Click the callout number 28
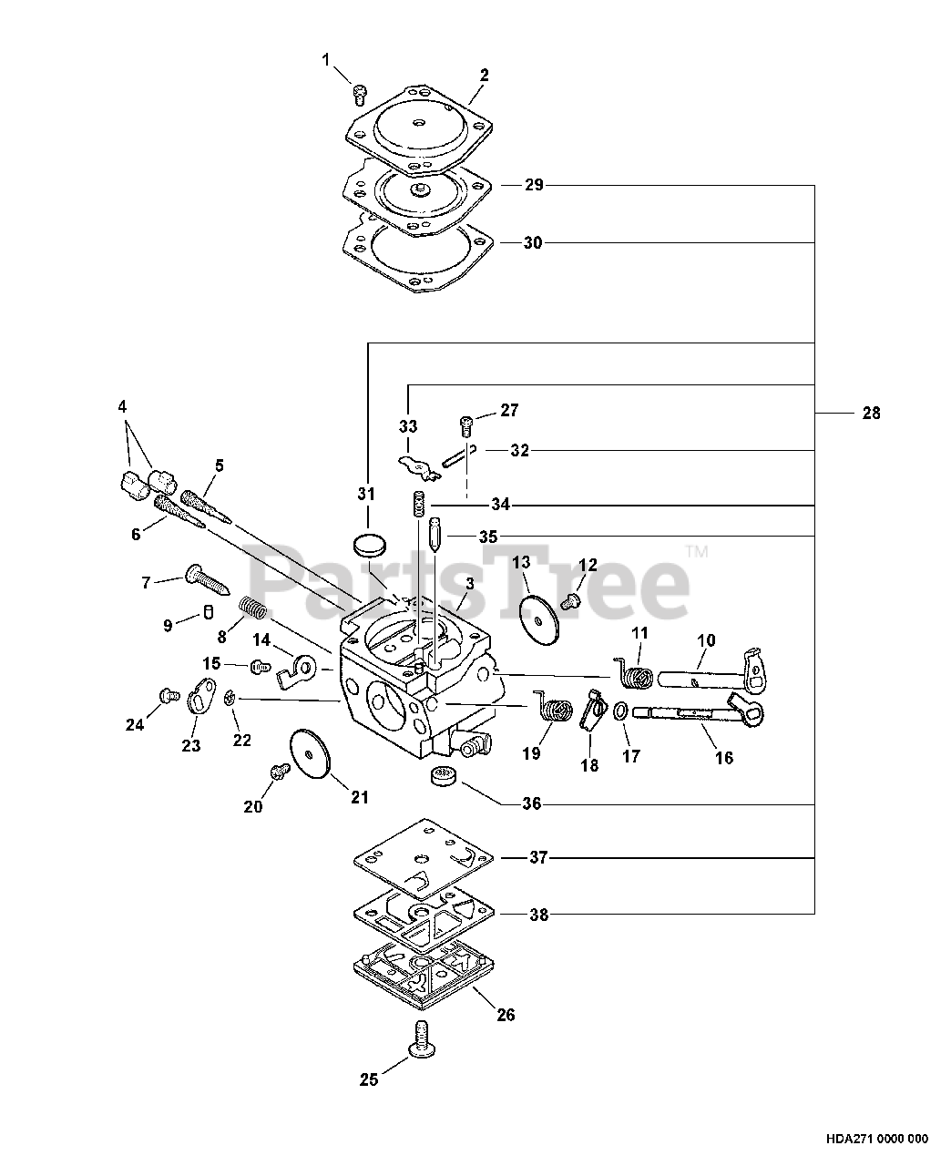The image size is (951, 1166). pos(871,413)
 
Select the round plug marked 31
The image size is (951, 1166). pos(369,544)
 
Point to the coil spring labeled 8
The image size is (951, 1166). pos(253,608)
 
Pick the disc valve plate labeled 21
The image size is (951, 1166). pos(309,753)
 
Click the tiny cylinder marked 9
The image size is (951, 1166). pos(209,611)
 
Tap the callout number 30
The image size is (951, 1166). pos(533,242)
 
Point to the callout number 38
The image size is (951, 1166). pos(539,915)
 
